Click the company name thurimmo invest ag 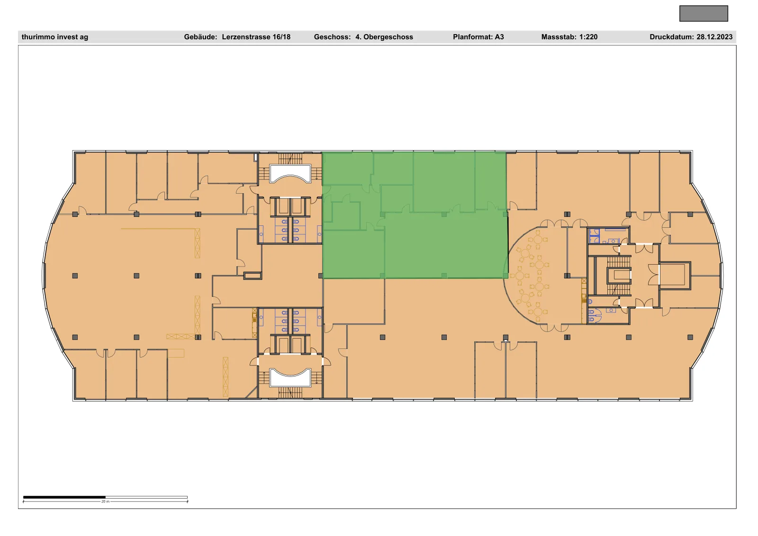(55, 37)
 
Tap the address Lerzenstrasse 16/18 (256, 37)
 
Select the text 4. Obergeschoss (384, 37)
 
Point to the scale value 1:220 (588, 37)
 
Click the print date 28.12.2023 (714, 37)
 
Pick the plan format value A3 (499, 37)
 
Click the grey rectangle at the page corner (704, 14)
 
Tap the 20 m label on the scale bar (106, 501)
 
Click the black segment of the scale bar (64, 497)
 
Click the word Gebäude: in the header (200, 37)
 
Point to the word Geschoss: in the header (332, 37)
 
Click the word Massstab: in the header (559, 37)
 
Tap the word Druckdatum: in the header (672, 37)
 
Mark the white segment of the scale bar (146, 497)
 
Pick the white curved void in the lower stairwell (290, 378)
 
